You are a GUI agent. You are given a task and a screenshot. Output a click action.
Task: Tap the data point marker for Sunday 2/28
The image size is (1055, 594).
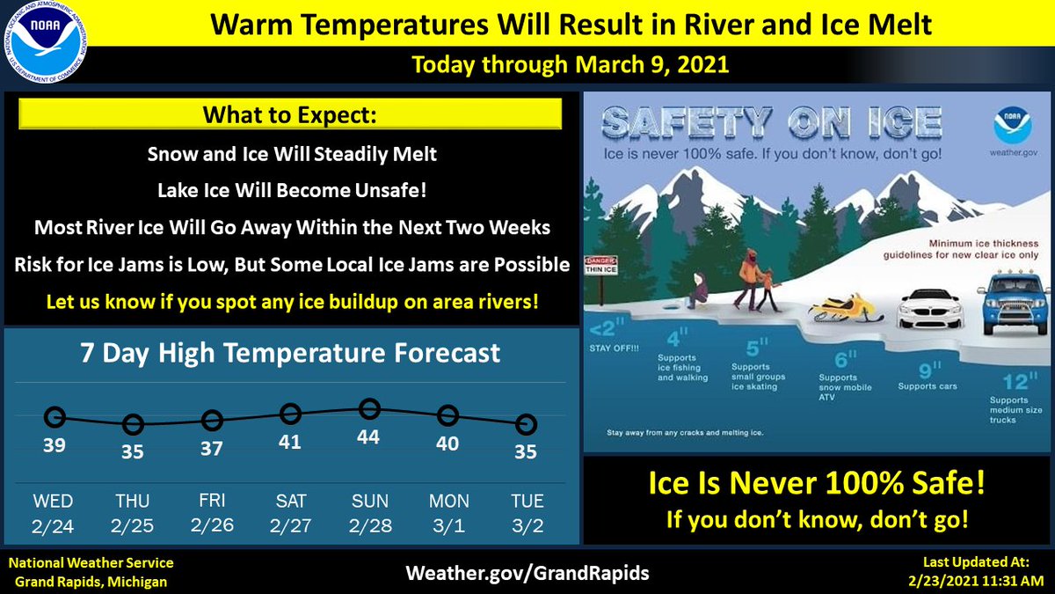(369, 408)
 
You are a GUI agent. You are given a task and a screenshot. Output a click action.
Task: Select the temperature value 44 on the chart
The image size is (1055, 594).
(368, 436)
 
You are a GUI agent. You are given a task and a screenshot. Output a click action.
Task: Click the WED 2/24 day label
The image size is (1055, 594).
(54, 512)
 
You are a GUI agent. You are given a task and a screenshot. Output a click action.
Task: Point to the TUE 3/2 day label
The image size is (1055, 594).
(527, 512)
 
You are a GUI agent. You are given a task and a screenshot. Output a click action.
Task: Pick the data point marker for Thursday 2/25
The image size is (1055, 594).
(133, 425)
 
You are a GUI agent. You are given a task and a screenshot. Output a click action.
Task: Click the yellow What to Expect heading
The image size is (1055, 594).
(290, 115)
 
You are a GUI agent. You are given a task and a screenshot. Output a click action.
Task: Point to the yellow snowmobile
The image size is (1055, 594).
(846, 309)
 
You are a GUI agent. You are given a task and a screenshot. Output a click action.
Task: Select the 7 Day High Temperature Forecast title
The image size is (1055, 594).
(290, 353)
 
